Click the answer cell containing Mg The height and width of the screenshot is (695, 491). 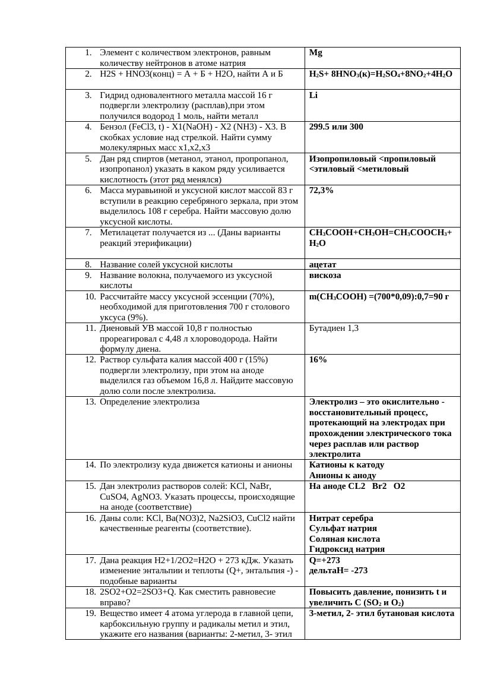tap(316, 53)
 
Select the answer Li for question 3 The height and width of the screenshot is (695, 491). tap(313, 95)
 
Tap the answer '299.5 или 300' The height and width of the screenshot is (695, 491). tap(336, 127)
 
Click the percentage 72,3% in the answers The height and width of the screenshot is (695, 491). tap(321, 191)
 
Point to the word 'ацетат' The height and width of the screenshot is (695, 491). tap(323, 264)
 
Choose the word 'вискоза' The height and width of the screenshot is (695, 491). tap(325, 276)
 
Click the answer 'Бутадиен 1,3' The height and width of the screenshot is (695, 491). tap(334, 328)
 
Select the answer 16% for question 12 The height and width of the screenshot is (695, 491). tap(318, 360)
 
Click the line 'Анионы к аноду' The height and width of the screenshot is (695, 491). tap(343, 476)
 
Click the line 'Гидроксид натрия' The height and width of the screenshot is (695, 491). tap(347, 549)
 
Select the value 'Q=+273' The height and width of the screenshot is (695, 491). tap(324, 560)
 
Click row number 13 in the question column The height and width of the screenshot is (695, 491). tap(90, 402)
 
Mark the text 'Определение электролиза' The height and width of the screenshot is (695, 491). tap(150, 402)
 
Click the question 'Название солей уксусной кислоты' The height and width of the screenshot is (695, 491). tap(166, 264)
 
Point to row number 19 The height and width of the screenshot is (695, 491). tap(90, 614)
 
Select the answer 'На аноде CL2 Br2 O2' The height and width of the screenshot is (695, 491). tap(357, 486)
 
